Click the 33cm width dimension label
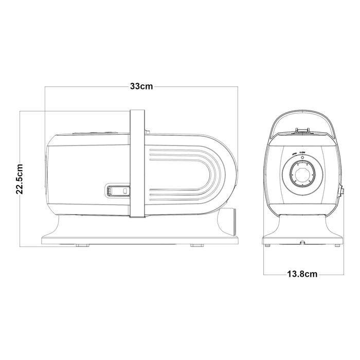(141, 87)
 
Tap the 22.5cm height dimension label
(20, 178)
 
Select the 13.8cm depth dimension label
(302, 274)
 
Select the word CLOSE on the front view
(302, 153)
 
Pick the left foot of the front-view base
(268, 246)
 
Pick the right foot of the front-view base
(337, 246)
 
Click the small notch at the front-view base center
(302, 241)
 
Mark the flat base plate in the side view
(139, 240)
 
